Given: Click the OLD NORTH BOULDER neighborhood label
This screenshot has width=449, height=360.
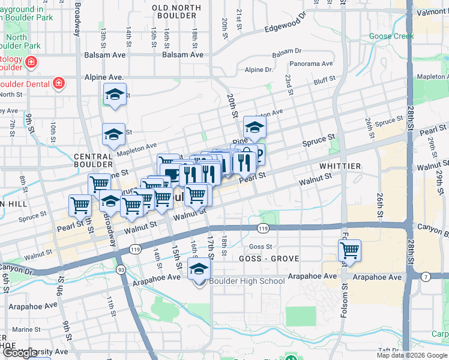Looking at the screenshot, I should tap(177, 11).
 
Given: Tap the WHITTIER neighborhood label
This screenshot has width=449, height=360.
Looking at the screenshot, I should tap(340, 166).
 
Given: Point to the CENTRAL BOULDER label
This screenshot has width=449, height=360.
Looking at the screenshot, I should tap(93, 160).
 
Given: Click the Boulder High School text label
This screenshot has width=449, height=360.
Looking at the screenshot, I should tap(247, 281).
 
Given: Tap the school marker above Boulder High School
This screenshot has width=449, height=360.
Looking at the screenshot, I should tap(199, 270).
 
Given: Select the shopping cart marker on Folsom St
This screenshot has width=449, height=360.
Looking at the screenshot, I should tap(349, 250).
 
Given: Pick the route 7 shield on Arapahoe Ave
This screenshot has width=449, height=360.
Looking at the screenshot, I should tap(426, 276).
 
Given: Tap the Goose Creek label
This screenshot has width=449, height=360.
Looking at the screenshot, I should tap(391, 37).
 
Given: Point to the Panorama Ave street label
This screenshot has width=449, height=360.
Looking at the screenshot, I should tap(311, 63).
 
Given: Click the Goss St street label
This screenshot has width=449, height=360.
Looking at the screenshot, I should tap(261, 247).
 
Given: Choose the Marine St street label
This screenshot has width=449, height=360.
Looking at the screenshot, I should tap(25, 329).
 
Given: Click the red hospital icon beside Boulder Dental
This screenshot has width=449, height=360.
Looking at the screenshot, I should tap(59, 82).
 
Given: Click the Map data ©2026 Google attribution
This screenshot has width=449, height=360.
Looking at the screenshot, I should tap(412, 355).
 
